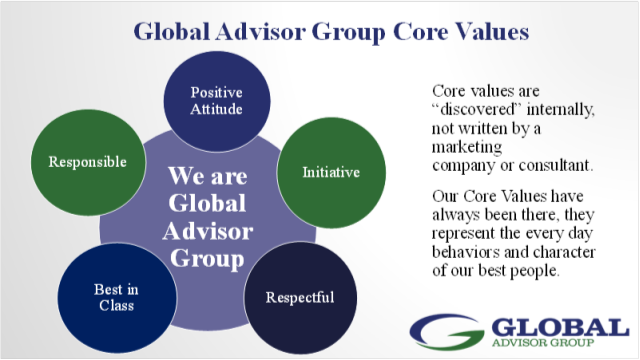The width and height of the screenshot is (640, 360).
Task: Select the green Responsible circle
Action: point(88,160)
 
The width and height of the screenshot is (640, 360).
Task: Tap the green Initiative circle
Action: point(330,171)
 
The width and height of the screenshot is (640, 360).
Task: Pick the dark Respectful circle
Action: point(299,297)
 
